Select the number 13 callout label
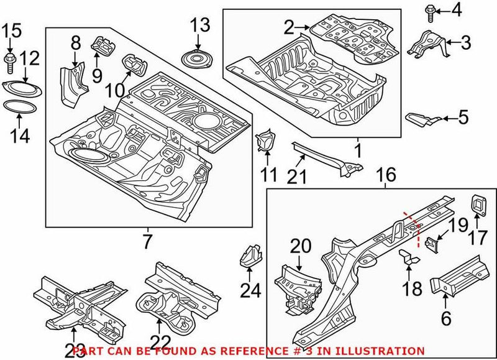(200, 25)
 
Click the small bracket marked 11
(267, 141)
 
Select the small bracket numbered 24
(249, 256)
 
